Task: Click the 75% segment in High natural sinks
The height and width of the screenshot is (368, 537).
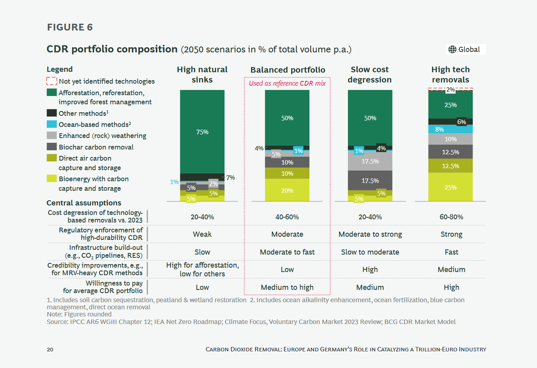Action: (202, 132)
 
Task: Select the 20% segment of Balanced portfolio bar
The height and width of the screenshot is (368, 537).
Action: (287, 190)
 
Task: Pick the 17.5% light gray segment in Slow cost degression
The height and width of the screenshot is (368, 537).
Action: (370, 161)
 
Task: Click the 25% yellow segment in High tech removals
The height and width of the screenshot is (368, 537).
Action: (450, 187)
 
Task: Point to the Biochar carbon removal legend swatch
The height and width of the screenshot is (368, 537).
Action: (52, 147)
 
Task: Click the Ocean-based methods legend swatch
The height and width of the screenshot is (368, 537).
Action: (52, 124)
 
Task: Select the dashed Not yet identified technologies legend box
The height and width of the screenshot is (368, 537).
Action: (52, 81)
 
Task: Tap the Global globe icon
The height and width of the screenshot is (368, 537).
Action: (452, 50)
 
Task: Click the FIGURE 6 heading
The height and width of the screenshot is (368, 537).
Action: (70, 27)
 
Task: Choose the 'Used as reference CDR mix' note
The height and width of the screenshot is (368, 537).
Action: (287, 83)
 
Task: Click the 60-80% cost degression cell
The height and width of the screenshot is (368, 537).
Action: (451, 217)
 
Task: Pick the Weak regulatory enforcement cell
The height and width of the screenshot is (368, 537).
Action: (202, 234)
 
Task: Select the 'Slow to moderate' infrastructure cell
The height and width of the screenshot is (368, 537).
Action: (370, 252)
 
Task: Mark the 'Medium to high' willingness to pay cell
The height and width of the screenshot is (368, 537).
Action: (287, 287)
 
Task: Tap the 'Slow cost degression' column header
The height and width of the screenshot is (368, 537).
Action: (370, 75)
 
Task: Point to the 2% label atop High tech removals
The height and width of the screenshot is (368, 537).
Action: (450, 90)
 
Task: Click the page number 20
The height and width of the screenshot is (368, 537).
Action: (50, 349)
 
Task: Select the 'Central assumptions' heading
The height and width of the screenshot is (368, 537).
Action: (84, 203)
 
